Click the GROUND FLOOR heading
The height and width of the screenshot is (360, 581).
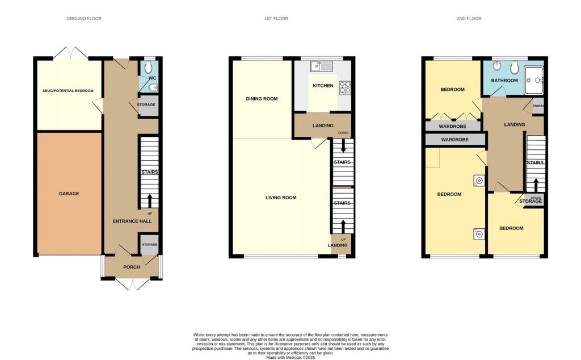(x=84, y=19)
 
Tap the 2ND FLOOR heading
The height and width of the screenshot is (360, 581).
(x=469, y=19)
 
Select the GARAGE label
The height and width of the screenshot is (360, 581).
(x=69, y=194)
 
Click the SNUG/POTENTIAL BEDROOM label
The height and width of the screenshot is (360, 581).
(x=68, y=91)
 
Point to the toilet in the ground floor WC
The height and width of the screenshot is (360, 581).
(x=149, y=68)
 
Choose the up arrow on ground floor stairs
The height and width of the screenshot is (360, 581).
(x=150, y=201)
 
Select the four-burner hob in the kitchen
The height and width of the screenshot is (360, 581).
(x=344, y=87)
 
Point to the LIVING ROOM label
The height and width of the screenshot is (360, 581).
(x=281, y=198)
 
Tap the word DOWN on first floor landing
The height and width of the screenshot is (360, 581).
(x=343, y=133)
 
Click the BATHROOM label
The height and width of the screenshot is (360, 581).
(x=504, y=81)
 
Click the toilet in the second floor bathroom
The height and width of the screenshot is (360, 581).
(x=514, y=68)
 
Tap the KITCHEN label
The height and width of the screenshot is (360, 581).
(x=322, y=86)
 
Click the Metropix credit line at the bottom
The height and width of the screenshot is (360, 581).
(x=290, y=357)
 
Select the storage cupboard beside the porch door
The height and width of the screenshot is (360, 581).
(x=149, y=245)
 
